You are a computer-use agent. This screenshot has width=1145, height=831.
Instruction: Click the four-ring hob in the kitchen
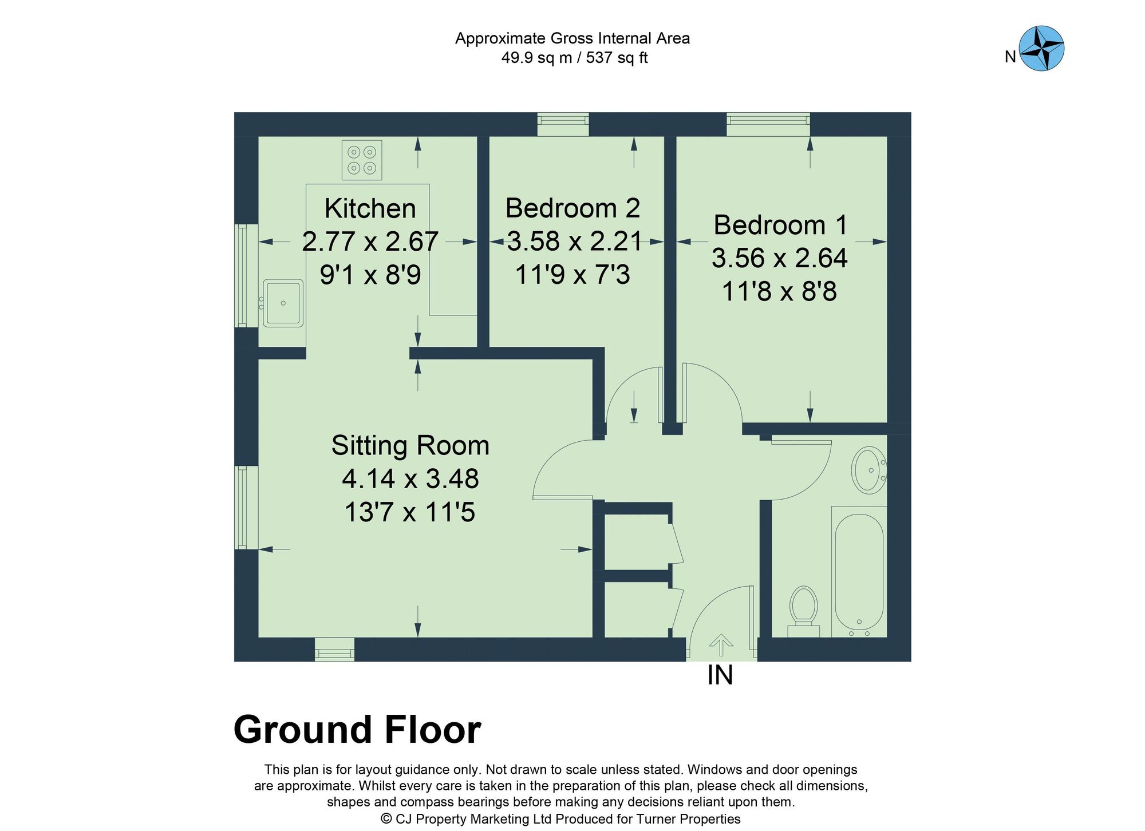coord(362,160)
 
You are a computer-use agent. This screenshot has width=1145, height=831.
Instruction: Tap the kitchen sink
coord(283,303)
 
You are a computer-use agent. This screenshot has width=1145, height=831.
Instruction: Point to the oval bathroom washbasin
coord(868,470)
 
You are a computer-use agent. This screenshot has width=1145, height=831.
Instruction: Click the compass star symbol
coord(1041,48)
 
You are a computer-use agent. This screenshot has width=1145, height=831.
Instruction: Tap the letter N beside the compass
coord(1010,57)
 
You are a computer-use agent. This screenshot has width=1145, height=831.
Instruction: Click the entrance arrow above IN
coord(721,644)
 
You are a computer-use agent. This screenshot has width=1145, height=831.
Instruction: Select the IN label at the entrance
coord(720,675)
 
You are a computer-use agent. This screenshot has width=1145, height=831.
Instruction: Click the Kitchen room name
coord(370,208)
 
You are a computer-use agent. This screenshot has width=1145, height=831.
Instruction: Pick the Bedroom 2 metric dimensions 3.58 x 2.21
coord(574,241)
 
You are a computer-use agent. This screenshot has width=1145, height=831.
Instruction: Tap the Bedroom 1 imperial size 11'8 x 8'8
coord(779,291)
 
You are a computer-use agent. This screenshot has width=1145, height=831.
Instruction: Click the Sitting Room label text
coord(410,445)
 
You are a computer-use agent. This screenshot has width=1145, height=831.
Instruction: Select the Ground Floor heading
coord(357,730)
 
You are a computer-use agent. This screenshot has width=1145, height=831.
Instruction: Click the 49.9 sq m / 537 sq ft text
coord(574,58)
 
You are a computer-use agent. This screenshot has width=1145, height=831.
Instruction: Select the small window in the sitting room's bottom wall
coord(334,650)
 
